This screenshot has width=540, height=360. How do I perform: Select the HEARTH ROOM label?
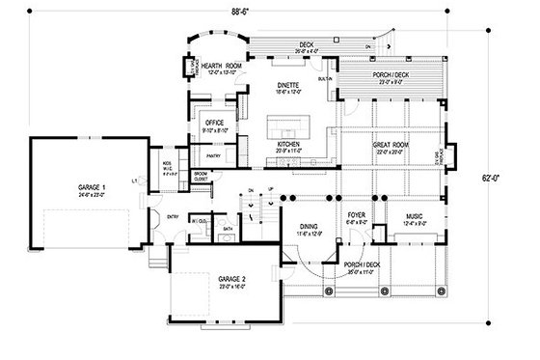[221, 67]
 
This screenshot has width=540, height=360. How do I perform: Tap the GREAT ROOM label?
[391, 146]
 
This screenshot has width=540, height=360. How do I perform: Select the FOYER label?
[355, 219]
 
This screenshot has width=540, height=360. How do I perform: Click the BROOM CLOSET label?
[202, 177]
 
